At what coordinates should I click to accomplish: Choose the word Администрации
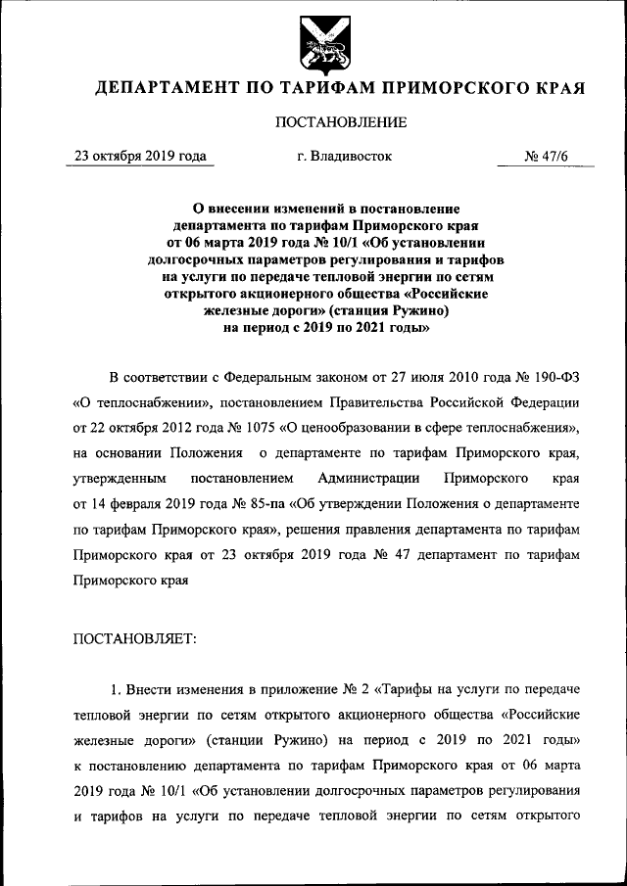click(x=369, y=478)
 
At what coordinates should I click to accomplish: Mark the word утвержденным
click(x=118, y=478)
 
